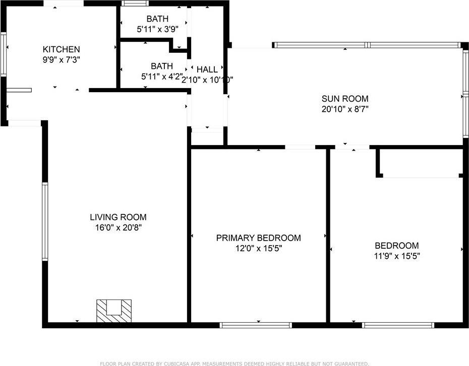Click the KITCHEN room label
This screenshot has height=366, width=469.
pos(61,49)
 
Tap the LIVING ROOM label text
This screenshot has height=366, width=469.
pos(118,217)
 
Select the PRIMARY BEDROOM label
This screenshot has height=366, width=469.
pos(258,238)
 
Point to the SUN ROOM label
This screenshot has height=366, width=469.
pos(345,99)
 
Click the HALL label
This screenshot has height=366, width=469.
pos(207,69)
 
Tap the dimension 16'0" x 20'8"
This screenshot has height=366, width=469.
pos(118,227)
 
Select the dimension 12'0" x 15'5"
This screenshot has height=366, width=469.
pos(258,248)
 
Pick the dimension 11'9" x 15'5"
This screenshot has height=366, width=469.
pos(396,255)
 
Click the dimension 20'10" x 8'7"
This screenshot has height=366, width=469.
pos(345,108)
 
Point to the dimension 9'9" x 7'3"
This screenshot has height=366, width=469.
pos(61,59)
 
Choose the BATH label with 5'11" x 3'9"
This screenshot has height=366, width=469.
pos(157,19)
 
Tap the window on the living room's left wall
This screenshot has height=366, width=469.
pos(45,222)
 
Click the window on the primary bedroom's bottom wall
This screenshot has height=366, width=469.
pos(256,325)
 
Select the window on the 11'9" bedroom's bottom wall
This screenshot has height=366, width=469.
pos(398,325)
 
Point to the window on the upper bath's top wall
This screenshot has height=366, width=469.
pos(133,4)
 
